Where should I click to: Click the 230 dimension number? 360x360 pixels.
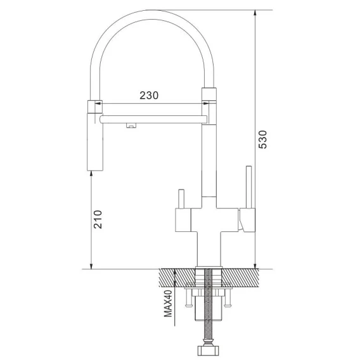[149, 95]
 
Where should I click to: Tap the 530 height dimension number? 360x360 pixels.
[262, 139]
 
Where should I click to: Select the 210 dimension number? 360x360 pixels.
[98, 219]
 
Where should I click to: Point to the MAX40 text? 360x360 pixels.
[168, 304]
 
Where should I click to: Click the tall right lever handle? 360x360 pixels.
[249, 187]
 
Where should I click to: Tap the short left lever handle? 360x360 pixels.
[181, 199]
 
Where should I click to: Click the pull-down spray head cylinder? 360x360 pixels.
[95, 142]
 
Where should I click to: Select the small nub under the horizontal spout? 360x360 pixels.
[131, 125]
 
